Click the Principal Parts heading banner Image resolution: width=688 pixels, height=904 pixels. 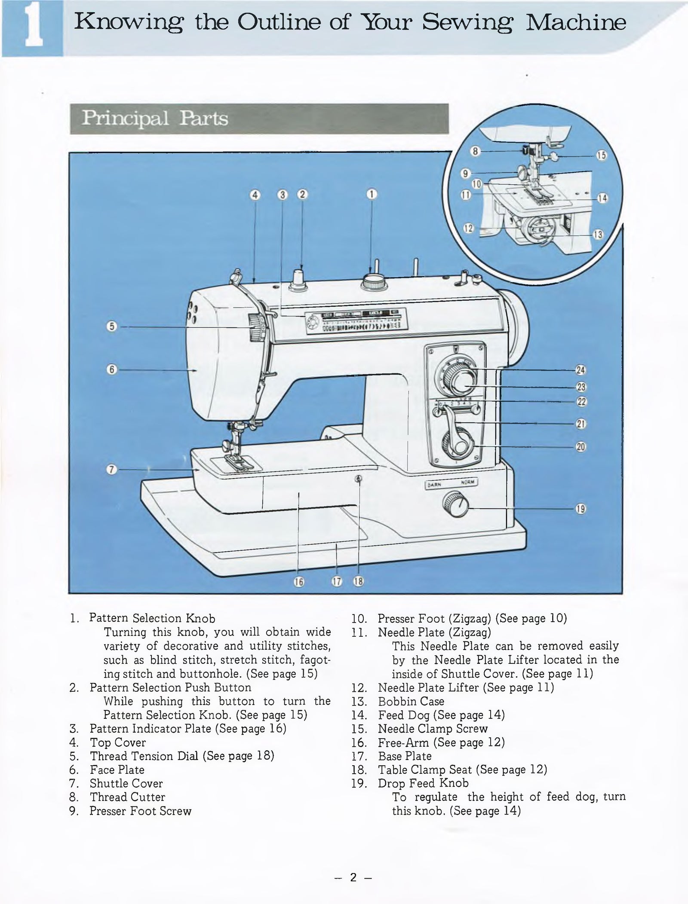pos(259,119)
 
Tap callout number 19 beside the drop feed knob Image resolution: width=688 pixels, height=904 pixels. pos(580,510)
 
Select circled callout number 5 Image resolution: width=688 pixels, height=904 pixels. pos(111,327)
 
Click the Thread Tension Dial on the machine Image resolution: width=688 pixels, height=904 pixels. pos(257,327)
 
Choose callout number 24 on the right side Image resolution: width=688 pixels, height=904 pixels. pos(580,370)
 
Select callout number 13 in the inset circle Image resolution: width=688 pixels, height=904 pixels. pos(598,235)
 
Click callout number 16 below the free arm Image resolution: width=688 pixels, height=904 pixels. pos(298,582)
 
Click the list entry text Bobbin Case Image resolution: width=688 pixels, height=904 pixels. pos(411,701)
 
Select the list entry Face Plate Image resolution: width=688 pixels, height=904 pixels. pos(117,770)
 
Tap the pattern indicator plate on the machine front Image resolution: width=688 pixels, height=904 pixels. pos(355,321)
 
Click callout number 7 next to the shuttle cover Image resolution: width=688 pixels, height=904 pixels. pos(111,470)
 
